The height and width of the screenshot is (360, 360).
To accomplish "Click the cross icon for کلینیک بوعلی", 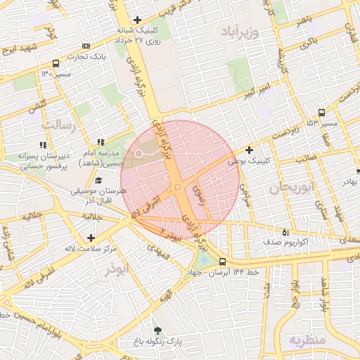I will (x=250, y=150).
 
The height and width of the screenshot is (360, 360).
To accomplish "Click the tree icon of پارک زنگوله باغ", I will (x=157, y=330).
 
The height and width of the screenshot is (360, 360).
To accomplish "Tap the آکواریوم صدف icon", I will (x=285, y=231).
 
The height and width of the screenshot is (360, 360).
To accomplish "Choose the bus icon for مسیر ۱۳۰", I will (x=55, y=63).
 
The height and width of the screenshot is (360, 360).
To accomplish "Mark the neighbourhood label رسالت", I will (x=58, y=124).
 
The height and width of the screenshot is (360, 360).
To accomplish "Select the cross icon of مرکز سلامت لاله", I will (x=90, y=238).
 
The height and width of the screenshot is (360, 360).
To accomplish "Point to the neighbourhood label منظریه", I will (x=307, y=340).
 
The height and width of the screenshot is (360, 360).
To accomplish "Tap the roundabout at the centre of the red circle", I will (x=176, y=186).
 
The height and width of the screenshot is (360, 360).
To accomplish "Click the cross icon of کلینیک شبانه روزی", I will (x=137, y=20).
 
